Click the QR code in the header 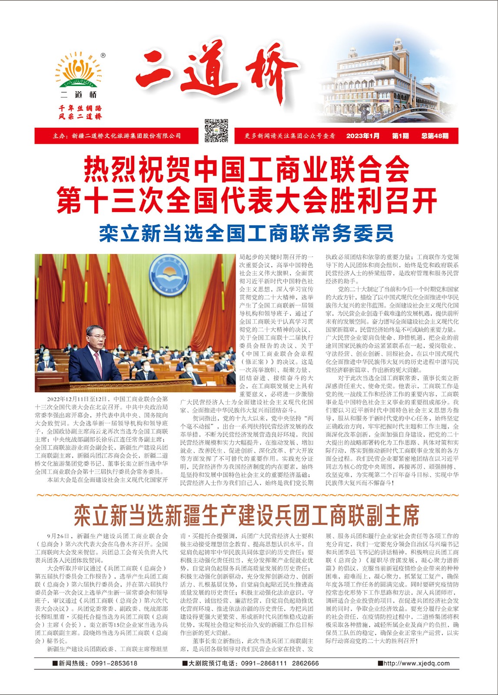[216, 130]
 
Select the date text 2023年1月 [362, 136]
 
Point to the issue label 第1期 [400, 136]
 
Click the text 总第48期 [435, 136]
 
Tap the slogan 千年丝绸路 [80, 108]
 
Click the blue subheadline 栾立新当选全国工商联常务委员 [246, 233]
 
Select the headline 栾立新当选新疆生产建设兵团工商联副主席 [246, 516]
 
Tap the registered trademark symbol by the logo [103, 55]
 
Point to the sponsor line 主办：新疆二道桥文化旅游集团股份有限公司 [117, 136]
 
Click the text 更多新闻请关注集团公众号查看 [290, 136]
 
